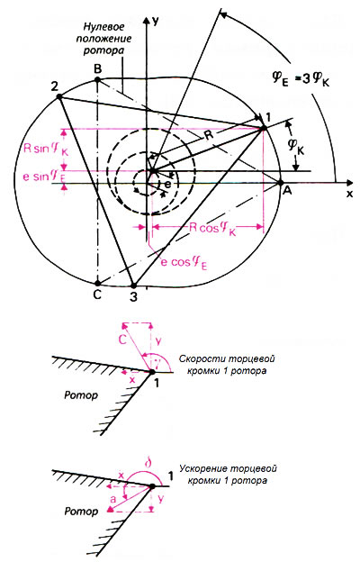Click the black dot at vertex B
point(98,80)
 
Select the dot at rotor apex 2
point(59,96)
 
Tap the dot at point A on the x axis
point(281,183)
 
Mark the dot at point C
point(97,283)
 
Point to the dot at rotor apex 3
point(133,286)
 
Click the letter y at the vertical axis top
point(155,21)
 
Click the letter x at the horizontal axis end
point(349,194)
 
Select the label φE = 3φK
point(301,79)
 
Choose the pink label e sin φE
point(41,177)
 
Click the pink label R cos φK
point(212,229)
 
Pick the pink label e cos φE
point(184,263)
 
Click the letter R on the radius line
point(209,135)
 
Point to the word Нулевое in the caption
point(103,27)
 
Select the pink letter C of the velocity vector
point(123,340)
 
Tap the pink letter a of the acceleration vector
point(112,499)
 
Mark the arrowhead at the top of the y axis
point(146,20)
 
